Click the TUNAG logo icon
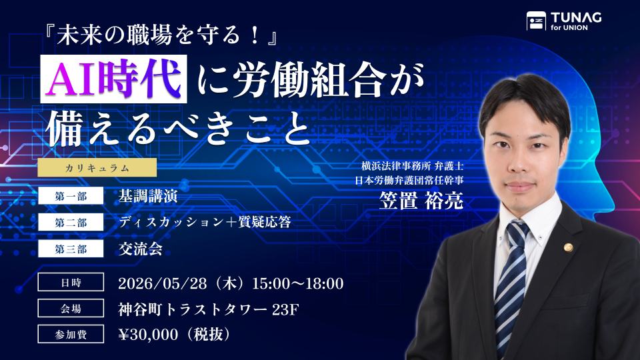tap(536, 21)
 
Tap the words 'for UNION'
tap(569, 28)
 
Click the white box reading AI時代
tap(113, 79)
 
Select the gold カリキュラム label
tap(97, 168)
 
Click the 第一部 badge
tap(71, 196)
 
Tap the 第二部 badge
tap(71, 223)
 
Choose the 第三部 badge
tap(71, 249)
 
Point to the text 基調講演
tap(148, 196)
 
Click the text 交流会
tap(141, 249)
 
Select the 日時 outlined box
tap(71, 282)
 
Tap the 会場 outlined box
tap(71, 308)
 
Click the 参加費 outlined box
tap(71, 334)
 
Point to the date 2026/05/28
tap(163, 284)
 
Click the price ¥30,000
tap(148, 335)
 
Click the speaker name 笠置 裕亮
tap(421, 201)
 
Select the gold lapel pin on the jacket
tap(568, 247)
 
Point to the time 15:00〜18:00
tap(298, 284)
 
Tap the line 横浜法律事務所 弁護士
tap(412, 166)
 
